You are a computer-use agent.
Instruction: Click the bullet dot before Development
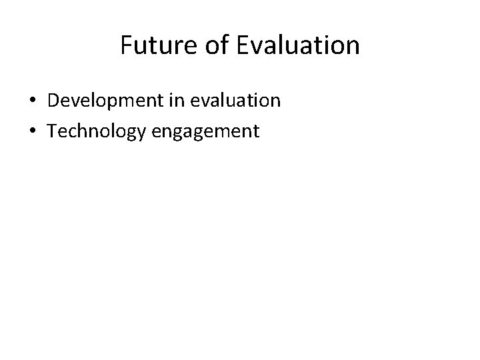(32, 101)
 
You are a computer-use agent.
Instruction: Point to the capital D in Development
(53, 101)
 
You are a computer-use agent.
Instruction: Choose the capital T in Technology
(52, 131)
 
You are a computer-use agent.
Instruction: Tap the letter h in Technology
(83, 131)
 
